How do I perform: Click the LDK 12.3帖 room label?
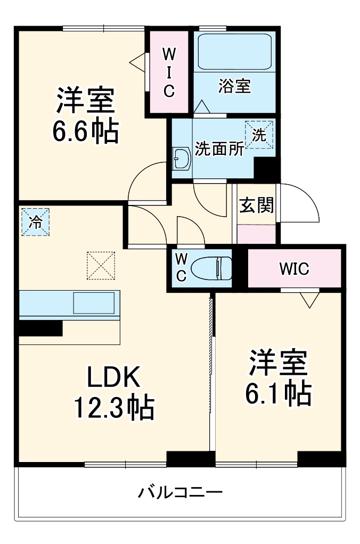pyautogui.click(x=113, y=393)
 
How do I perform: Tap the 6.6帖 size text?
pyautogui.click(x=85, y=132)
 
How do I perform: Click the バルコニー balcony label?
pyautogui.click(x=180, y=491)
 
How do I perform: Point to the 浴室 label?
pyautogui.click(x=234, y=86)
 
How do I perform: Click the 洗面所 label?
pyautogui.click(x=219, y=149)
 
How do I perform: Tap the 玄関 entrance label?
pyautogui.click(x=256, y=205)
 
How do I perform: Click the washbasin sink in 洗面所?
pyautogui.click(x=182, y=158)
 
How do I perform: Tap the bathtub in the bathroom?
pyautogui.click(x=234, y=52)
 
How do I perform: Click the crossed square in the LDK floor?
pyautogui.click(x=101, y=265)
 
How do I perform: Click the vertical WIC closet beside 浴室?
pyautogui.click(x=168, y=72)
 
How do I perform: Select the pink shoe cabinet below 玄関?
pyautogui.click(x=256, y=234)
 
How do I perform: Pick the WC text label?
pyautogui.click(x=181, y=268)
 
